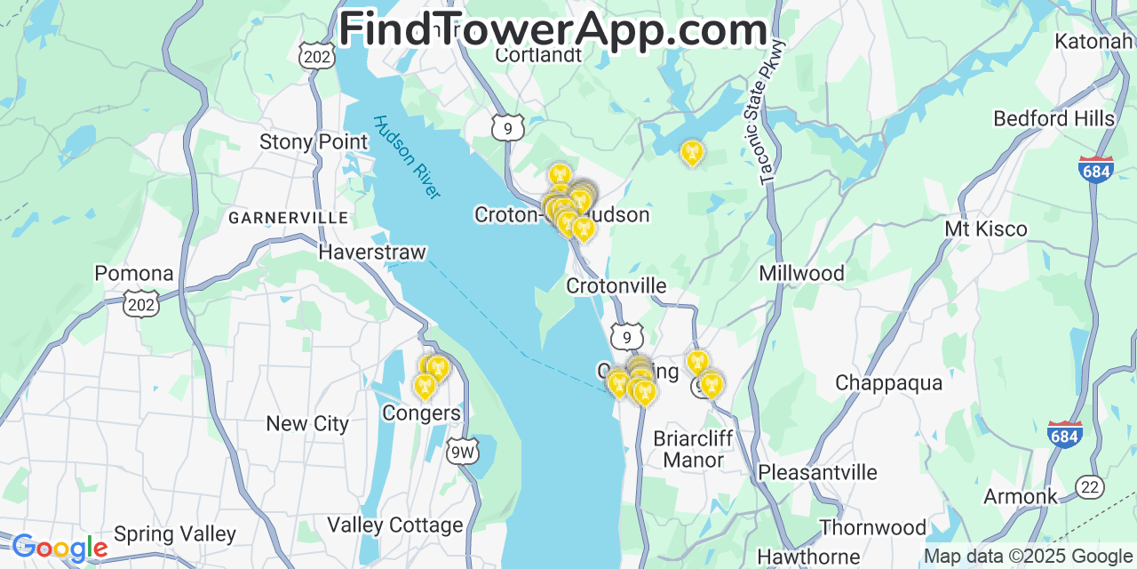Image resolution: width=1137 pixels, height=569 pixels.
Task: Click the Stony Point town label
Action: pos(313,142)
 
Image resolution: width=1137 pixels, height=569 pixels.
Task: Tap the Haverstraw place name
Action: pos(372,252)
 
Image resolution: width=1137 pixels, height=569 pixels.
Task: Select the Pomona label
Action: pos(134,273)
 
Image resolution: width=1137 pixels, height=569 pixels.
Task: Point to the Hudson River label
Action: pos(407,157)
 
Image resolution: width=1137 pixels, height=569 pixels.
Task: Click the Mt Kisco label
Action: pos(985,229)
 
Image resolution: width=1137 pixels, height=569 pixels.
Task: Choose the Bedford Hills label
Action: pos(1054,119)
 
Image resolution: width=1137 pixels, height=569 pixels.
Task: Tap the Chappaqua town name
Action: pos(888,383)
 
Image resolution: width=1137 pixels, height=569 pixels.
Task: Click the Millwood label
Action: pos(801,273)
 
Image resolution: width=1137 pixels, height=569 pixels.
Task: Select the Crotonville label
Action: pos(616,285)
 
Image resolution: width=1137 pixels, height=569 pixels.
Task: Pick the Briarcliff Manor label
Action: pos(693,449)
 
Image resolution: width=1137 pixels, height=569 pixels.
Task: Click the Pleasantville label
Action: pos(817,472)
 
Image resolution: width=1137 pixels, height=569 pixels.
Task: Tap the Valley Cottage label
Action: pos(395,525)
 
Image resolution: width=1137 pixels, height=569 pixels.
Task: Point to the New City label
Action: pos(307,424)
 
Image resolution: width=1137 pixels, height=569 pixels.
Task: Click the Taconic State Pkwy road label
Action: pos(774,112)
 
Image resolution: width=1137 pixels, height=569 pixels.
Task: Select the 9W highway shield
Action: pos(462,452)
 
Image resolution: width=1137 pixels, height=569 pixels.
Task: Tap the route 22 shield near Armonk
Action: pos(1089,486)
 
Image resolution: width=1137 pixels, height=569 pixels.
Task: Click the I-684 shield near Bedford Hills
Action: pos(1096,169)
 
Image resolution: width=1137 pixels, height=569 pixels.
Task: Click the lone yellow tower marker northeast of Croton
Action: pos(692,153)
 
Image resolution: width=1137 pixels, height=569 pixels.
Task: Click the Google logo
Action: pos(59,548)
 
